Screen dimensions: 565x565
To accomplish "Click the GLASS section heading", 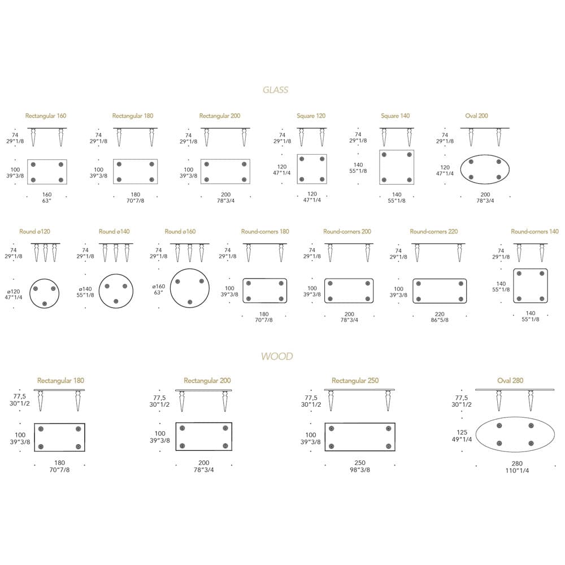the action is point(275,90).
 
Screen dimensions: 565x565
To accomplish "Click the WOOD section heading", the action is point(277,357).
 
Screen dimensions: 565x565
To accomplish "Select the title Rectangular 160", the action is point(46,116).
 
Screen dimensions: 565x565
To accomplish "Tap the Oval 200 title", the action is point(476,116).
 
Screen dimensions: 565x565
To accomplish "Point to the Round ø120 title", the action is point(34,231).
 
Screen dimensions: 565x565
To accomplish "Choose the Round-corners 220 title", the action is point(434,231).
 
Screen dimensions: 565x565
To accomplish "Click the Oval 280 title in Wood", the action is point(510,380).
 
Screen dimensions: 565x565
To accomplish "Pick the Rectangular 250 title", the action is point(355,380).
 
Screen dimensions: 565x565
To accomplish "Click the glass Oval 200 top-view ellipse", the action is point(485,155).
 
